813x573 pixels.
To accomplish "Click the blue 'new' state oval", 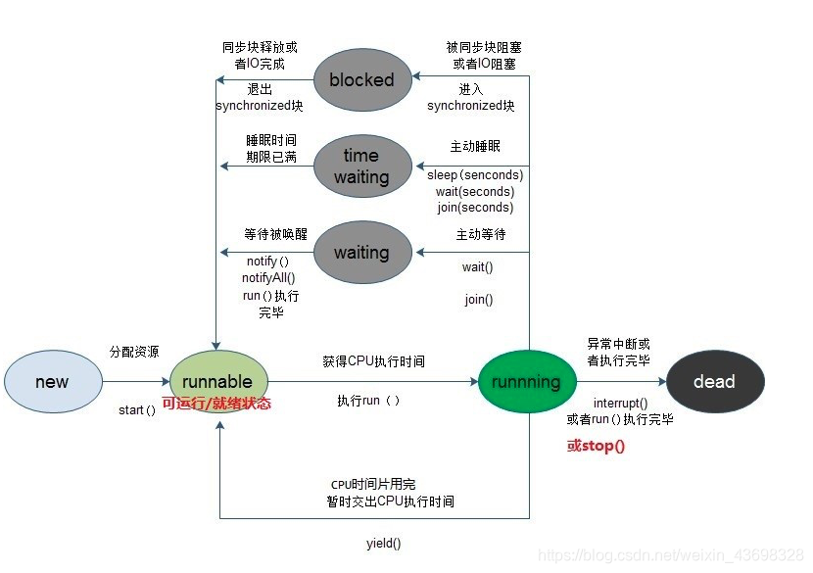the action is click(x=52, y=382).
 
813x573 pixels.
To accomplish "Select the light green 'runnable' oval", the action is click(x=217, y=381).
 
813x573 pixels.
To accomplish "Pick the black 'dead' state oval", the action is click(x=714, y=382).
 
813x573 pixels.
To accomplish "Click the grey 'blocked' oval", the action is click(x=361, y=80).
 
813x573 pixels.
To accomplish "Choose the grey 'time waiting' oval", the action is click(x=361, y=167).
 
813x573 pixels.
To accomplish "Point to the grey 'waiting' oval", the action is click(x=361, y=253).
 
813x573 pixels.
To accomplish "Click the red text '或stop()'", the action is click(x=596, y=446).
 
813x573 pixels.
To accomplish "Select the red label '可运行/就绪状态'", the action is click(x=215, y=404).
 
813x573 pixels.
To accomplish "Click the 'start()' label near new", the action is click(x=137, y=410).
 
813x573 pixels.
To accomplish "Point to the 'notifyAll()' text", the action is click(x=268, y=278).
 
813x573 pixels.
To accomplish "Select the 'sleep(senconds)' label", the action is click(x=475, y=175).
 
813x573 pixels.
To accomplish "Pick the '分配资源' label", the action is click(x=134, y=351).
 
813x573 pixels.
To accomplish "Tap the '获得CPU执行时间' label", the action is click(x=373, y=361).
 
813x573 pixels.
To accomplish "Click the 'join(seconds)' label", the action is click(x=475, y=208).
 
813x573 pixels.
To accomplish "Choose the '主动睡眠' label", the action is click(x=475, y=147).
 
